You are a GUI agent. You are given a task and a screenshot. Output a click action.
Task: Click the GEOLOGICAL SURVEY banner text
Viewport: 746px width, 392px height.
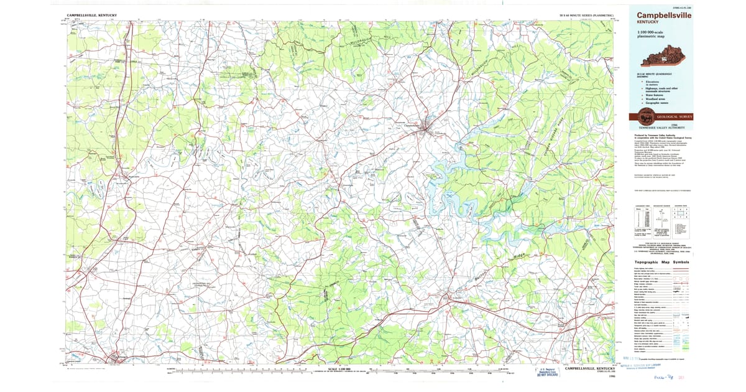676,117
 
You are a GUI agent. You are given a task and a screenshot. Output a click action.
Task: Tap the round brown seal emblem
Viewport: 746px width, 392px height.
643,116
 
